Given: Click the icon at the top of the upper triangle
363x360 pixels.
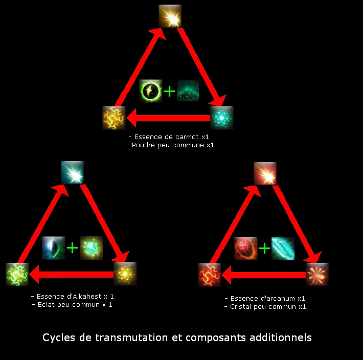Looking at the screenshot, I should pyautogui.click(x=170, y=16).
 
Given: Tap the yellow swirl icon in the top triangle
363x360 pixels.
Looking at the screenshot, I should pyautogui.click(x=114, y=118).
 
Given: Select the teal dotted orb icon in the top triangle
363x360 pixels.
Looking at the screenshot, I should pyautogui.click(x=221, y=118).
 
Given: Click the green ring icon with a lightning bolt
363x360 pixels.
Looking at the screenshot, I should pyautogui.click(x=151, y=91).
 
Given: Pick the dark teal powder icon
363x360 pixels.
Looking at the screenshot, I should pyautogui.click(x=188, y=91).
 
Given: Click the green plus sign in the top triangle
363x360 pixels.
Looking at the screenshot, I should pyautogui.click(x=169, y=92).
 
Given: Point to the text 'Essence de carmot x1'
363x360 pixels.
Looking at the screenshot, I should pyautogui.click(x=169, y=138).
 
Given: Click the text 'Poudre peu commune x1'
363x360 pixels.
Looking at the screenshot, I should pyautogui.click(x=170, y=145).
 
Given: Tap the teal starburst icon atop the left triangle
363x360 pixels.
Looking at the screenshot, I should pyautogui.click(x=73, y=173).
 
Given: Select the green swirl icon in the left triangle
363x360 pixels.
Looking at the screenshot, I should pyautogui.click(x=17, y=274).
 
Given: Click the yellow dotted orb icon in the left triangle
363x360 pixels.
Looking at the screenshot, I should pyautogui.click(x=125, y=274).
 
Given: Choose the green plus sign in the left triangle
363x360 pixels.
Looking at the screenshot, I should pyautogui.click(x=73, y=248).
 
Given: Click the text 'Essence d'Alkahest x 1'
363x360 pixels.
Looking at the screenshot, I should pyautogui.click(x=73, y=296).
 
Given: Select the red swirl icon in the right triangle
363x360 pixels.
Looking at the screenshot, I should pyautogui.click(x=210, y=275).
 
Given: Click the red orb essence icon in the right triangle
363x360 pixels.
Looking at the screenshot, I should pyautogui.click(x=246, y=248).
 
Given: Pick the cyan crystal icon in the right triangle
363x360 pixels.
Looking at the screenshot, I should pyautogui.click(x=283, y=248).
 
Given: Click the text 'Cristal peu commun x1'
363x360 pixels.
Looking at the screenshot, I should pyautogui.click(x=265, y=307).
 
